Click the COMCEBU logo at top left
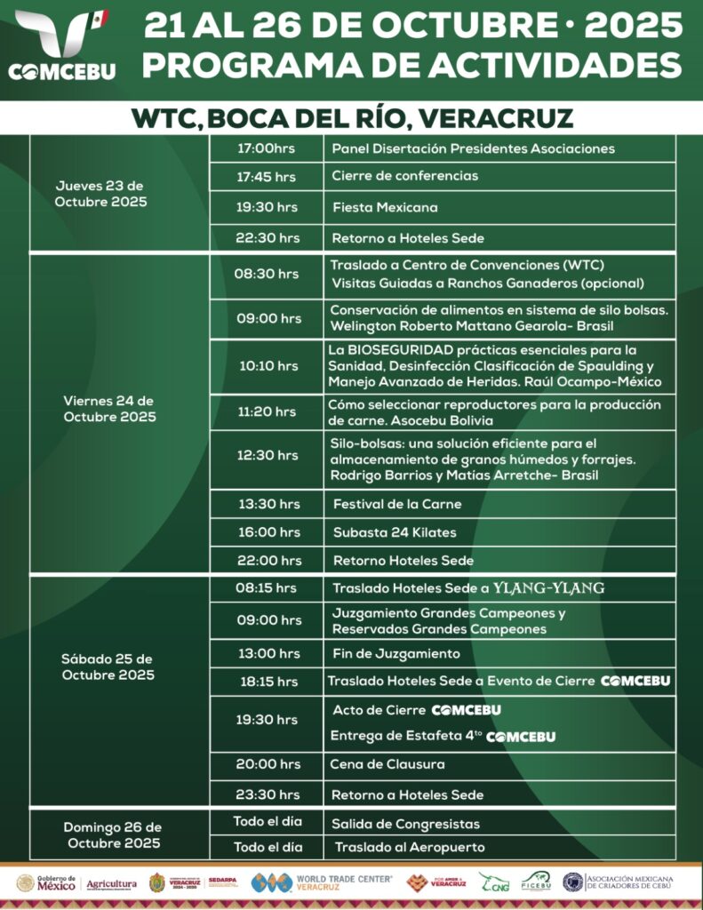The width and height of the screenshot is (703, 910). click(x=61, y=44)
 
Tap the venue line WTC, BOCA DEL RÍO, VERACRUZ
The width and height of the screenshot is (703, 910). click(x=352, y=118)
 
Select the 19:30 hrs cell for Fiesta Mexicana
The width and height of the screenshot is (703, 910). click(x=267, y=207)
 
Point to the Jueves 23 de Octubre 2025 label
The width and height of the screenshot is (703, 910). click(x=100, y=194)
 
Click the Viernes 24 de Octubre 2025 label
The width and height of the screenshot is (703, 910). click(x=109, y=409)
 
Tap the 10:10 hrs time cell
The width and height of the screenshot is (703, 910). click(x=267, y=366)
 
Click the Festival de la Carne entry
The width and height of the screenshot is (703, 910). click(x=397, y=504)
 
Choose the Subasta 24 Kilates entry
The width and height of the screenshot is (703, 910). click(x=394, y=532)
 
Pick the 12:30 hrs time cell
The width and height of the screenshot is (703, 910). click(x=267, y=455)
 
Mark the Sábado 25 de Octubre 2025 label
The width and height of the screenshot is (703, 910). click(x=108, y=667)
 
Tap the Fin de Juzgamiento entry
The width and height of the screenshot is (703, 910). click(x=395, y=654)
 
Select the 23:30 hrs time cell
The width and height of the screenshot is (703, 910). click(x=267, y=794)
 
